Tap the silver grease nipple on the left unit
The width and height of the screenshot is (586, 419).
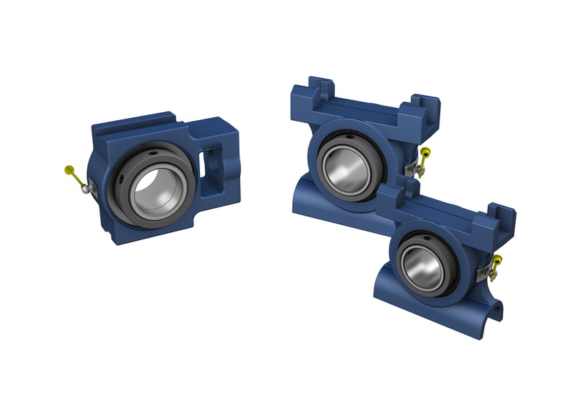(86, 189)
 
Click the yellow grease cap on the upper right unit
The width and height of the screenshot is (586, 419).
(425, 155)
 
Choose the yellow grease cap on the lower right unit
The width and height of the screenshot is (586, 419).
(499, 261)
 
